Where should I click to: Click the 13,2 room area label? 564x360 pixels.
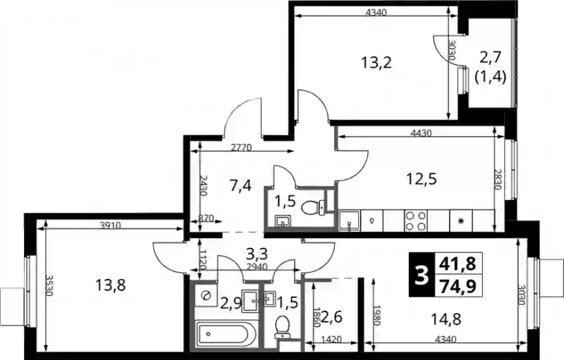(376, 63)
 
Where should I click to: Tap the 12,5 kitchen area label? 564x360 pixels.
(422, 178)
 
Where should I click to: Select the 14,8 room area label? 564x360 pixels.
(446, 319)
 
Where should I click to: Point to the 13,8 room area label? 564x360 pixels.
(111, 286)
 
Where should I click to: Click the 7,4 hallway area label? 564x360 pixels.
(240, 186)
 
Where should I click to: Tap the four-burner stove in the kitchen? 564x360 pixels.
(416, 221)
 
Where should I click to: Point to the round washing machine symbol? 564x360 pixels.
(206, 295)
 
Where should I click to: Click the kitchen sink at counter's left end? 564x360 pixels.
(350, 221)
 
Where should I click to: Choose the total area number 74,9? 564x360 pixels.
(458, 287)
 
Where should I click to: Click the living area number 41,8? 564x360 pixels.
(458, 263)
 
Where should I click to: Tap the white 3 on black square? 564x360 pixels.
(422, 275)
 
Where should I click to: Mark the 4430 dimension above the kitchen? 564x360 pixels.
(420, 133)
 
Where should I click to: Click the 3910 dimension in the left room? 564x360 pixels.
(111, 225)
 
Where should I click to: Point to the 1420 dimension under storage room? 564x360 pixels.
(331, 340)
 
